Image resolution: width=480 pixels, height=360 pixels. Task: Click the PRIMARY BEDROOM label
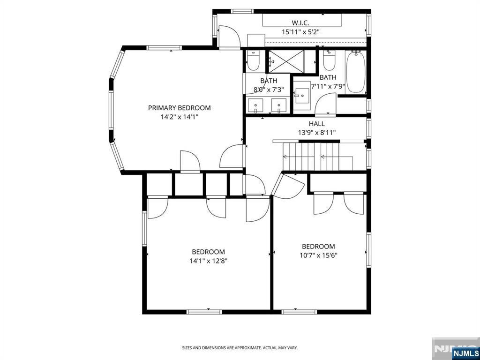click(x=180, y=108)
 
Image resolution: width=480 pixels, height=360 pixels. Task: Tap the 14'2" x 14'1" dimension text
click(x=180, y=117)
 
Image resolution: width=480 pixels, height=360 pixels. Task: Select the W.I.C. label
click(x=300, y=23)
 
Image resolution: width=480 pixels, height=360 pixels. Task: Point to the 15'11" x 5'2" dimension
click(x=300, y=32)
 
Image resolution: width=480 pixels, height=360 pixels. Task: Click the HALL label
click(x=316, y=124)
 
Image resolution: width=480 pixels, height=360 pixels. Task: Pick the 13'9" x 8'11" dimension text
click(x=316, y=132)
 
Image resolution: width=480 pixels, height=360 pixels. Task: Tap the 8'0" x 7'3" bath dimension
click(x=269, y=89)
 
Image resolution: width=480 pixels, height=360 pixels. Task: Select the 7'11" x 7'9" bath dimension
click(x=328, y=86)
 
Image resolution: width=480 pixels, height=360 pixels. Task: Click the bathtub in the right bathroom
click(x=355, y=71)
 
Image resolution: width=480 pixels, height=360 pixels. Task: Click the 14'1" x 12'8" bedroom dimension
click(x=208, y=261)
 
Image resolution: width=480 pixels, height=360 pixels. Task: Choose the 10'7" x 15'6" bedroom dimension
click(x=318, y=255)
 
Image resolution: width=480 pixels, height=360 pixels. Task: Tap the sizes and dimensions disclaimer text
click(x=240, y=348)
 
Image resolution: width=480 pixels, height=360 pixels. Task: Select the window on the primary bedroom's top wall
click(x=164, y=48)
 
